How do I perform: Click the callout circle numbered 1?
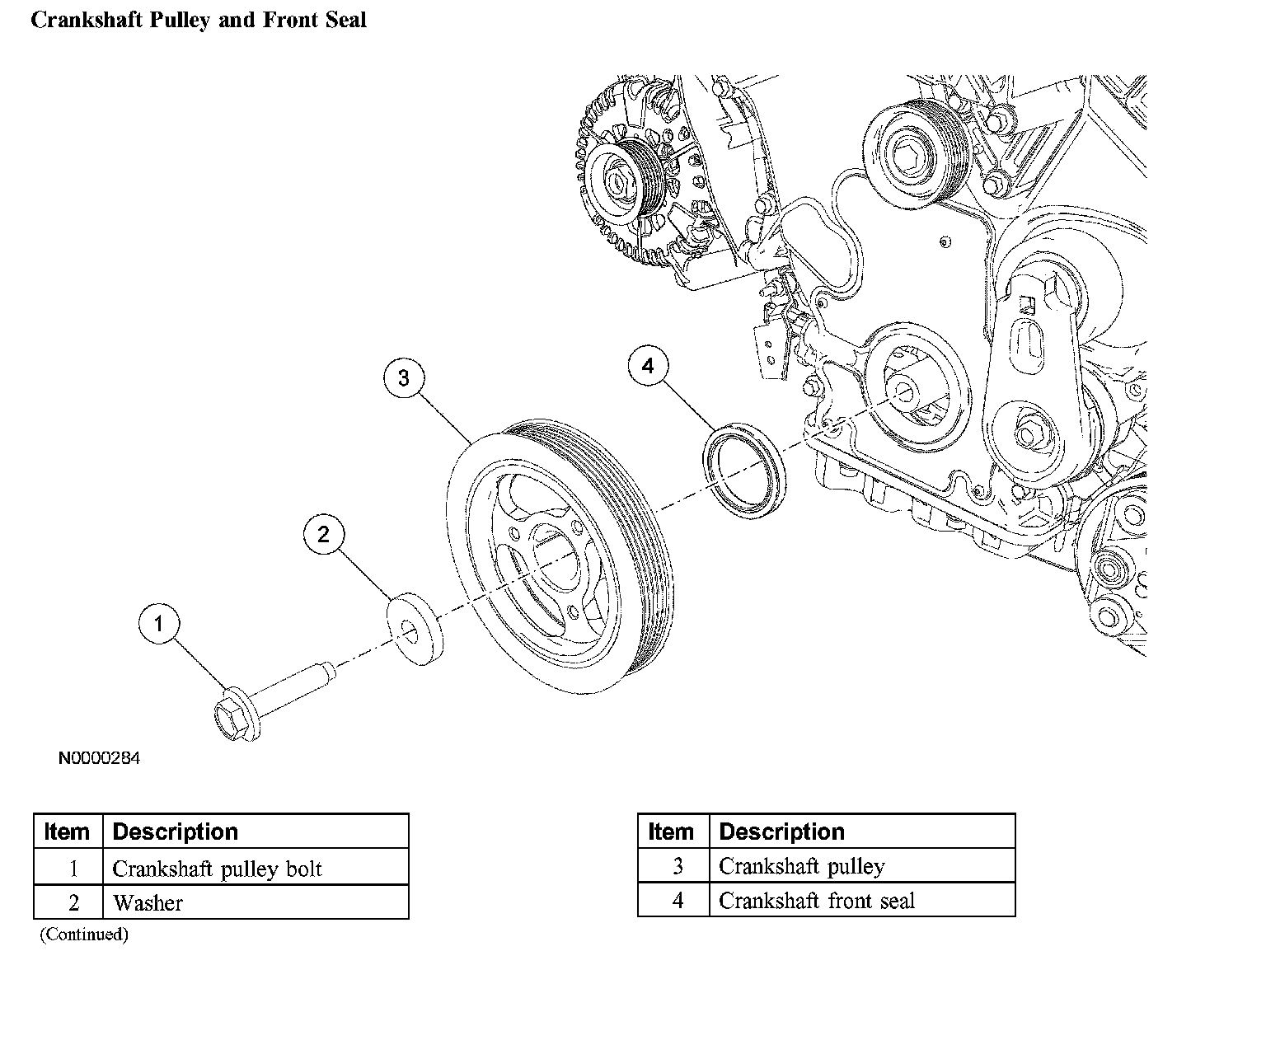click(159, 624)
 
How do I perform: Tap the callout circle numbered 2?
click(324, 533)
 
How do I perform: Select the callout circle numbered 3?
click(404, 377)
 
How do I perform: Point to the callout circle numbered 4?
click(649, 365)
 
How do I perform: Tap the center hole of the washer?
click(410, 632)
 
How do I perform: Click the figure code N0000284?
click(99, 758)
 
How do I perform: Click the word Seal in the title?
click(346, 20)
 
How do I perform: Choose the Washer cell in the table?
click(256, 902)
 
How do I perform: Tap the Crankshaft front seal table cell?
click(862, 900)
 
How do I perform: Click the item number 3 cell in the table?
click(673, 865)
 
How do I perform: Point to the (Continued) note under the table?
click(84, 935)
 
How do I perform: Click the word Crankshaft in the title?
click(87, 20)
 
